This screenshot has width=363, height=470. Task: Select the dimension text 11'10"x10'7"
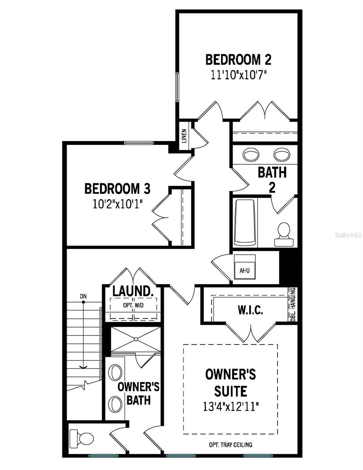[x=238, y=75]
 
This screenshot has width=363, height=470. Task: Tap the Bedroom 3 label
[x=117, y=188]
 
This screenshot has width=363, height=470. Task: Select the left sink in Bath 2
[x=251, y=155]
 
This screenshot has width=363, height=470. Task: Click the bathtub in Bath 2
[x=245, y=222]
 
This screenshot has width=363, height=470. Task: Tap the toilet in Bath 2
[x=284, y=234]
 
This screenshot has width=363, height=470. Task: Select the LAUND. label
[x=132, y=291]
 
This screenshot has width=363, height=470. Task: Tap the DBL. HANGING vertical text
[x=293, y=305]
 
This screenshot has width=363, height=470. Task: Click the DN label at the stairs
[x=83, y=296]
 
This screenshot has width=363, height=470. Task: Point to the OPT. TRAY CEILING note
[x=230, y=445]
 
